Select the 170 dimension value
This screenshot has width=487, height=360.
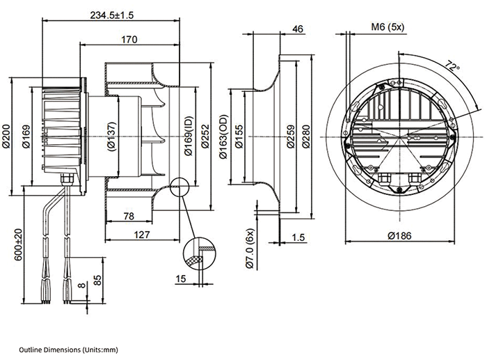point(128,40)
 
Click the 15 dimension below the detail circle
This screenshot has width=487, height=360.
point(182,280)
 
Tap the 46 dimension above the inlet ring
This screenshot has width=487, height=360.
point(298,29)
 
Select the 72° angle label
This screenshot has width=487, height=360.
point(453,68)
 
